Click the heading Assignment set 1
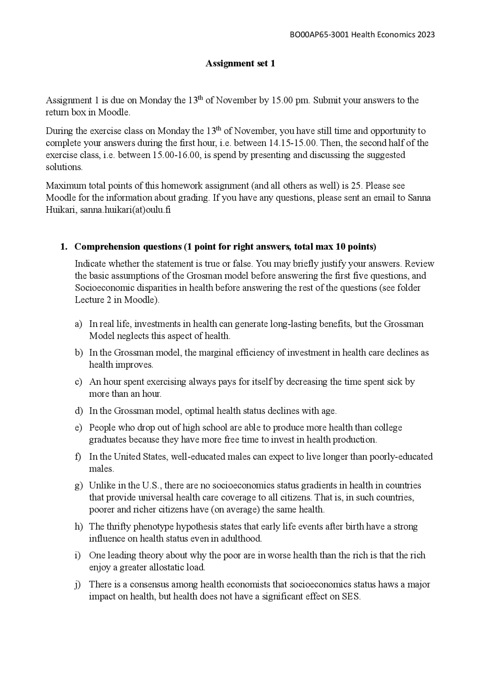tap(240, 64)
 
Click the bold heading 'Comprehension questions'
tap(128, 247)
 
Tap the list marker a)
tap(78, 324)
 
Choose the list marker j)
tap(78, 584)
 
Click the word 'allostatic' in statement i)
tap(166, 567)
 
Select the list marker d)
tap(78, 411)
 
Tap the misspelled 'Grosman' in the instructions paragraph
tap(203, 276)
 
